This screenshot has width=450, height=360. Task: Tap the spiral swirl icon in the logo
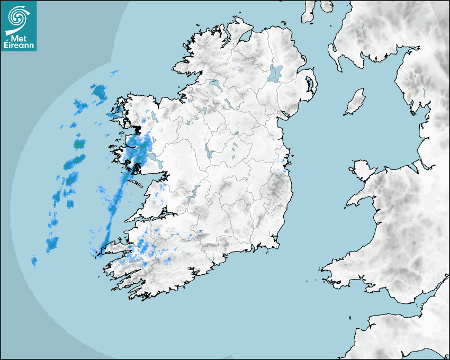coord(18,17)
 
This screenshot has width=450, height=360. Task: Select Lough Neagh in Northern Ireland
coord(276,73)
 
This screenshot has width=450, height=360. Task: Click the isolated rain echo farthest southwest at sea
coord(34,261)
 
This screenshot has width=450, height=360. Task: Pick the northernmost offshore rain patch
coord(114,73)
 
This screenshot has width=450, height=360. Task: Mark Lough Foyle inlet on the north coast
coord(245,38)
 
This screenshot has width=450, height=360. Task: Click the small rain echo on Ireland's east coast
coord(285,161)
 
